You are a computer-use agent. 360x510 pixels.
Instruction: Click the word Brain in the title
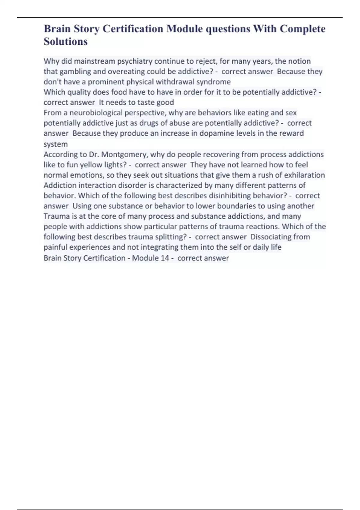point(57,29)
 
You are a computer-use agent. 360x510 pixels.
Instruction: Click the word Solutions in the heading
point(66,41)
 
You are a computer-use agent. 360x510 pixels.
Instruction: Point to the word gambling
point(73,71)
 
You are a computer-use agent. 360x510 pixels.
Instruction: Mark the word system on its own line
point(55,144)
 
